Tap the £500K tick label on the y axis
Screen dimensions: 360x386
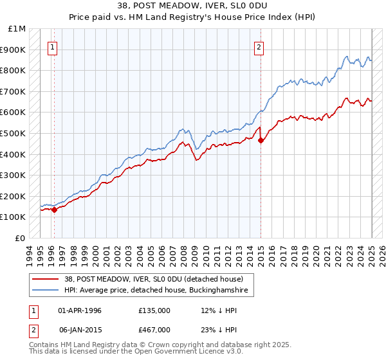point(13,133)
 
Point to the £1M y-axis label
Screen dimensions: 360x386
point(17,29)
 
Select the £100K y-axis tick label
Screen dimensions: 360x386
point(13,217)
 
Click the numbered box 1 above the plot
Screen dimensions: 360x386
point(52,46)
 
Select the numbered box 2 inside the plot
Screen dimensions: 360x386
point(259,46)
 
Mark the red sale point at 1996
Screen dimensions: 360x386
point(55,209)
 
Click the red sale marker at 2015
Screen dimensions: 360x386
point(261,140)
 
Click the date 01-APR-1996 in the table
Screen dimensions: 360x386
point(80,310)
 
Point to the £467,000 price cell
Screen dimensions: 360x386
point(154,330)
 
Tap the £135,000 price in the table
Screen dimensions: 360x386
point(154,310)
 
